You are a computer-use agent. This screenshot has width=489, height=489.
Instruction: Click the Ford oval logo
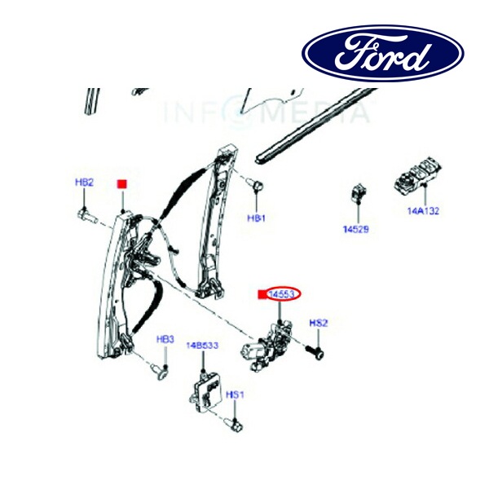383,54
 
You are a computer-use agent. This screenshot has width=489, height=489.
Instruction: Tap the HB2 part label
85,183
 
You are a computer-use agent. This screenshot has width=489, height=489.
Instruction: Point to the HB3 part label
165,339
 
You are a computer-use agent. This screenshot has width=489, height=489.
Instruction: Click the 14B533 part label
203,346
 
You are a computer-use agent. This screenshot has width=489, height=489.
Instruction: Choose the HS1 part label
235,395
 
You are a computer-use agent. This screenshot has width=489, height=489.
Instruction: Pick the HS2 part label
318,324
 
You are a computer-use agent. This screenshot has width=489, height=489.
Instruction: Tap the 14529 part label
356,230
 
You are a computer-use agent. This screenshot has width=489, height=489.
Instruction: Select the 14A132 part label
424,210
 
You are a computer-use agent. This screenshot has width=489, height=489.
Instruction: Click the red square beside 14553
262,294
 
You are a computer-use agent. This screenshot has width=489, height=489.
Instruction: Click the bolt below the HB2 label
87,217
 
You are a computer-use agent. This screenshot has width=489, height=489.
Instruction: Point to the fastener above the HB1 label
256,188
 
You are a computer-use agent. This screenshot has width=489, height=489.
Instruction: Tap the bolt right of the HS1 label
235,424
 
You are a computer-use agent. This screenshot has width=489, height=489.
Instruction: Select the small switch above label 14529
355,195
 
